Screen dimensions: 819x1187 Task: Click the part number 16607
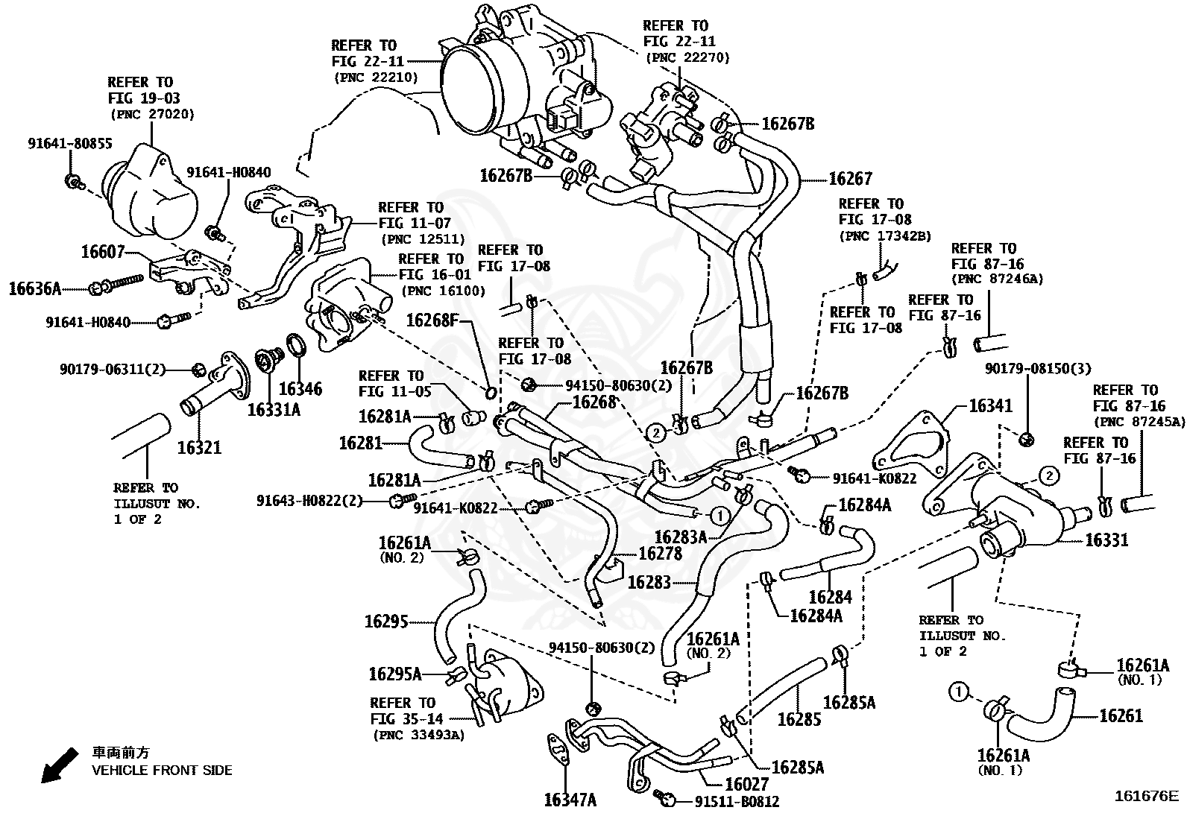pyautogui.click(x=103, y=252)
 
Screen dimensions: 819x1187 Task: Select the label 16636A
pyautogui.click(x=35, y=288)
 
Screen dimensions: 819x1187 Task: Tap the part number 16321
pyautogui.click(x=199, y=447)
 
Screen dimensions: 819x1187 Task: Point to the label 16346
pyautogui.click(x=300, y=388)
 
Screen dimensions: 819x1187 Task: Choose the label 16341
pyautogui.click(x=990, y=406)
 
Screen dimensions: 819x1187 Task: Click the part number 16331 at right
pyautogui.click(x=1106, y=540)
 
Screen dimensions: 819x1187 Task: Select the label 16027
pyautogui.click(x=746, y=784)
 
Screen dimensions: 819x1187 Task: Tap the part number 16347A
pyautogui.click(x=570, y=800)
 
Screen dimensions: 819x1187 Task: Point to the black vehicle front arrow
pyautogui.click(x=59, y=765)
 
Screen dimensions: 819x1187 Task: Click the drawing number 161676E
pyautogui.click(x=1147, y=796)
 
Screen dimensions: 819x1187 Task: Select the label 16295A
pyautogui.click(x=395, y=674)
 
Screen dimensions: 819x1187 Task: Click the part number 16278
pyautogui.click(x=661, y=553)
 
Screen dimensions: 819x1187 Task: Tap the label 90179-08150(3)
pyautogui.click(x=1038, y=368)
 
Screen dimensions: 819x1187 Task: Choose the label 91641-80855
pyautogui.click(x=70, y=142)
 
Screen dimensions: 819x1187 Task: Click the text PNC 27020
pyautogui.click(x=152, y=114)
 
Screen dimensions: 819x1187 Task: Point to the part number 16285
pyautogui.click(x=799, y=718)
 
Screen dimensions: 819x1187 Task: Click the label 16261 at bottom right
pyautogui.click(x=1121, y=715)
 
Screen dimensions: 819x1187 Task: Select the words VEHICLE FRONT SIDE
pyautogui.click(x=162, y=770)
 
